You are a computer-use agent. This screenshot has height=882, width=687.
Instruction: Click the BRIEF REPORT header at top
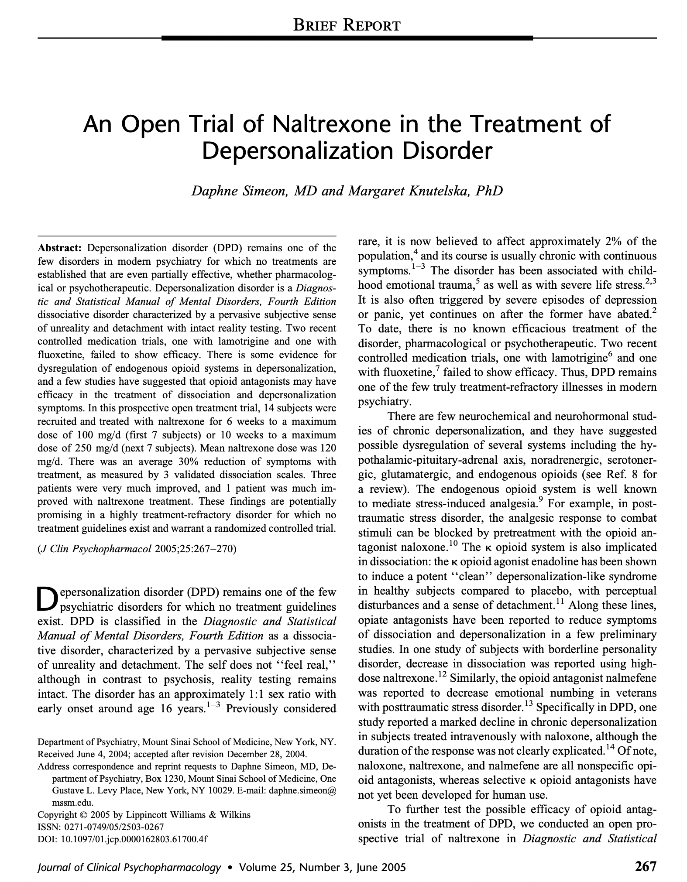pyautogui.click(x=347, y=25)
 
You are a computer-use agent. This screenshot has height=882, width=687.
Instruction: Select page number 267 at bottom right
pyautogui.click(x=645, y=865)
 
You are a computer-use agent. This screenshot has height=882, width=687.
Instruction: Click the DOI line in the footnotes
pyautogui.click(x=123, y=838)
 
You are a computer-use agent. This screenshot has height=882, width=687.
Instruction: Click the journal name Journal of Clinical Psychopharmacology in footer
pyautogui.click(x=129, y=866)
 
